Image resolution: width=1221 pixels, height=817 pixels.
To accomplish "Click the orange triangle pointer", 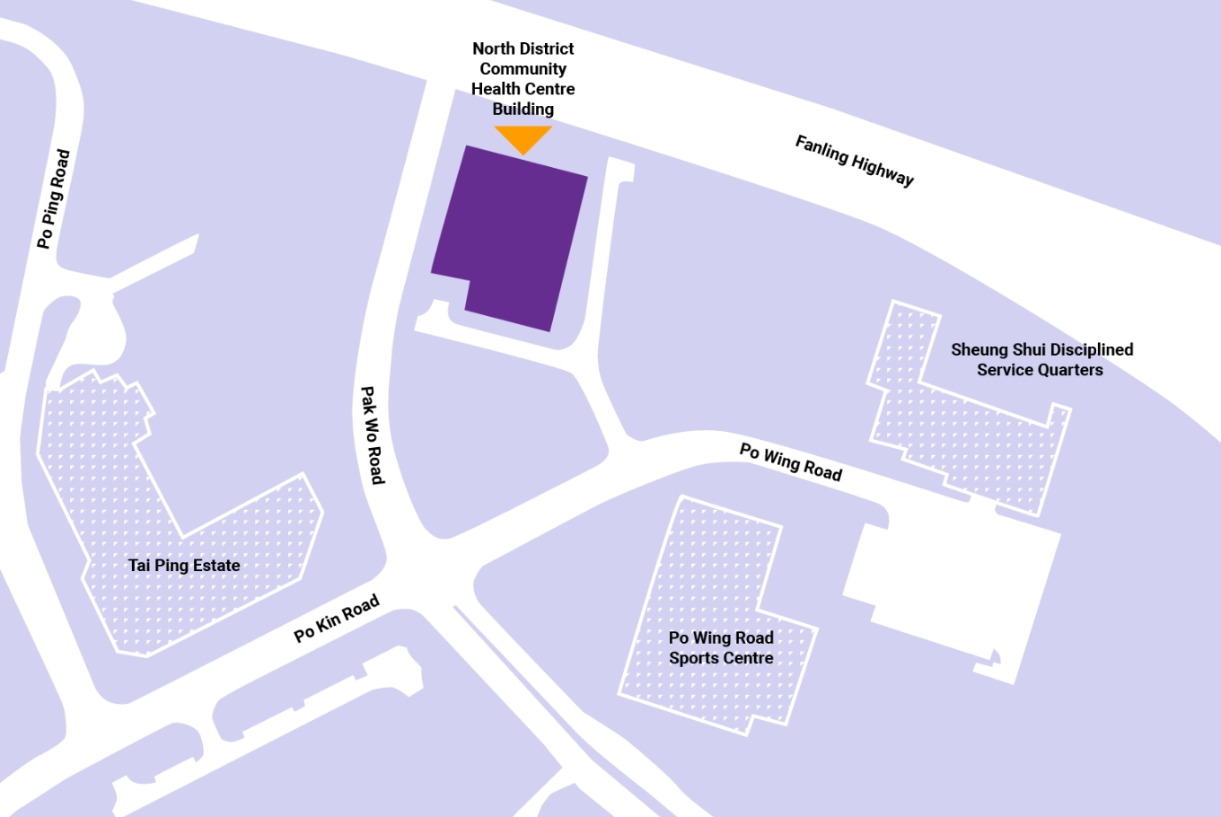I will pyautogui.click(x=523, y=138).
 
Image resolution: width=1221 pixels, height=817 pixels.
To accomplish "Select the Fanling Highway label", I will pyautogui.click(x=854, y=161).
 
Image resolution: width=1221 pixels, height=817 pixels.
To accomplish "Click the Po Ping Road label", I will pyautogui.click(x=53, y=199).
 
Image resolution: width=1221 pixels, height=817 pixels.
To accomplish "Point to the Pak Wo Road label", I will pyautogui.click(x=373, y=435).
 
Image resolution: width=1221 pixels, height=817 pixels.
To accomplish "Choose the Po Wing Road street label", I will pyautogui.click(x=790, y=462).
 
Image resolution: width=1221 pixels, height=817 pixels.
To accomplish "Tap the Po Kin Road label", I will pyautogui.click(x=337, y=619).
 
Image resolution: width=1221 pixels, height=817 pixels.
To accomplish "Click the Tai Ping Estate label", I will pyautogui.click(x=184, y=566).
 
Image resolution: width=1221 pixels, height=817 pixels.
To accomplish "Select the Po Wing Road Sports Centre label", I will pyautogui.click(x=721, y=647).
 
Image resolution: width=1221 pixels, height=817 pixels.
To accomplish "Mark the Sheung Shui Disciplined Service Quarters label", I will pyautogui.click(x=1041, y=359).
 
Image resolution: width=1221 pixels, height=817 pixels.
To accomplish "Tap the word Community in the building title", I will pyautogui.click(x=523, y=69).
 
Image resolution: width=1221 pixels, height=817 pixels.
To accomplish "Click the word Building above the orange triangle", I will pyautogui.click(x=523, y=110).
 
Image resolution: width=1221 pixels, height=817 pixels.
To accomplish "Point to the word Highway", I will pyautogui.click(x=883, y=171).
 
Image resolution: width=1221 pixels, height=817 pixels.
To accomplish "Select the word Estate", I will pyautogui.click(x=215, y=566).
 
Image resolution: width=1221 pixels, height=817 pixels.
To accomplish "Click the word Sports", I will pyautogui.click(x=695, y=658).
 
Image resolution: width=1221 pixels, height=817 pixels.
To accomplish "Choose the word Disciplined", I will pyautogui.click(x=1092, y=349).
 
